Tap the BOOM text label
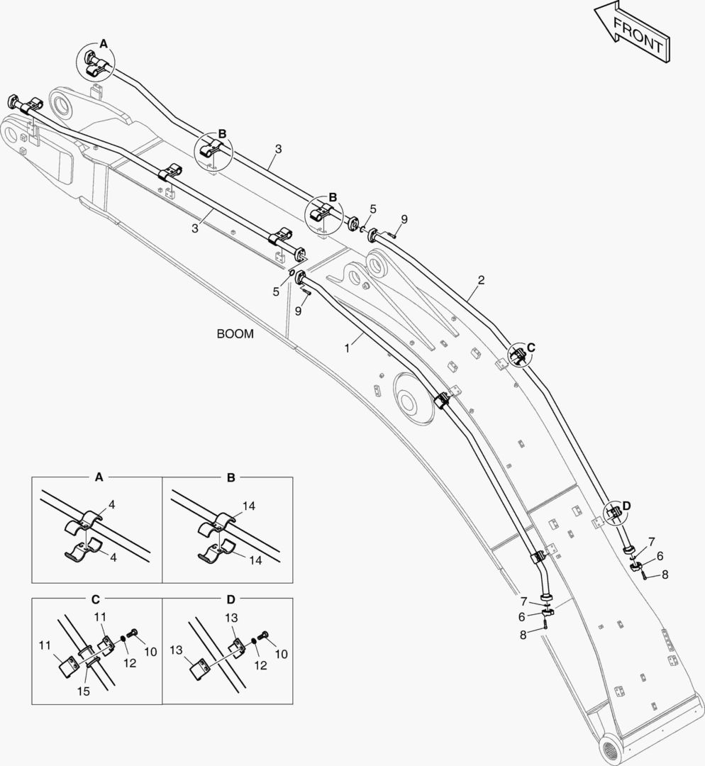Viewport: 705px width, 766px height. pyautogui.click(x=235, y=334)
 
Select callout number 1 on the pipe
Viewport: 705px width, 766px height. pyautogui.click(x=347, y=348)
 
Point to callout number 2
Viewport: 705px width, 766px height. pyautogui.click(x=481, y=280)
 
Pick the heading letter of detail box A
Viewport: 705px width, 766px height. pyautogui.click(x=99, y=478)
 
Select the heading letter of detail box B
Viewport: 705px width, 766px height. pyautogui.click(x=231, y=478)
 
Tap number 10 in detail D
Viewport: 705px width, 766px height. pyautogui.click(x=281, y=653)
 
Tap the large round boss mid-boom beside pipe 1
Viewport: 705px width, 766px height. pyautogui.click(x=409, y=401)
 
